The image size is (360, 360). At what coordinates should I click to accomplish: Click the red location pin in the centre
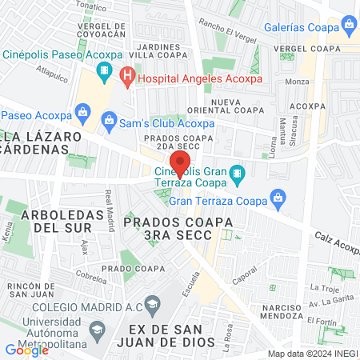[x=181, y=163]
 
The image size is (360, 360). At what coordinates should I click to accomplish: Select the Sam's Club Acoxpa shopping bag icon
[x=109, y=121]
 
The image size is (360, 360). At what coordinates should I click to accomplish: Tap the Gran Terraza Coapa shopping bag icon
[x=277, y=196]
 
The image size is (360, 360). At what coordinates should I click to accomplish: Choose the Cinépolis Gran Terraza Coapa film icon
[x=237, y=173]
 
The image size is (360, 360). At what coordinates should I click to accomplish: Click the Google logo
[x=26, y=350]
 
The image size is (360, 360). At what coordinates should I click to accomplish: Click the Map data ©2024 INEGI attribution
[x=312, y=353]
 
